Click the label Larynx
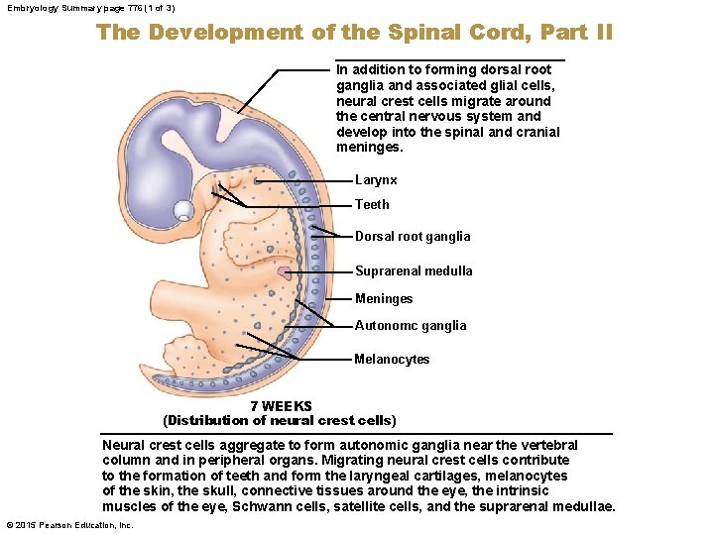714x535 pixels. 376,180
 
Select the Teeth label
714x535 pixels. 372,205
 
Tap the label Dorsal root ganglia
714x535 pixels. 413,237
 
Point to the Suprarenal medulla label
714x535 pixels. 414,270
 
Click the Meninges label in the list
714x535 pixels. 384,298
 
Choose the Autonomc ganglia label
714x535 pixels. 410,325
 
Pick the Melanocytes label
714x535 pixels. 392,359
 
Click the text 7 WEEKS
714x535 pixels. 281,406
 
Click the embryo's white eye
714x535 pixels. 184,210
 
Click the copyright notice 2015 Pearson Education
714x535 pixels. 69,525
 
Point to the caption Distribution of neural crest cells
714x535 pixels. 280,421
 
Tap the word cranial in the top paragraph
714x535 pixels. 536,132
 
